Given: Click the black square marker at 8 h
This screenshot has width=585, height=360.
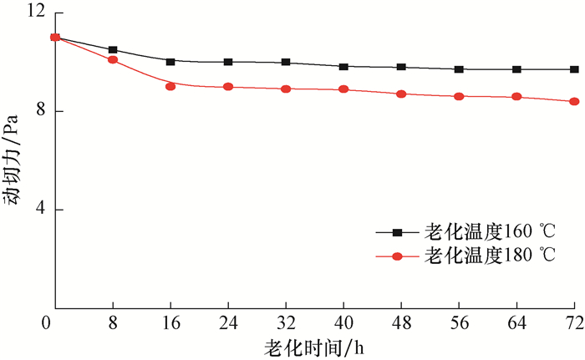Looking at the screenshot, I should click(113, 50).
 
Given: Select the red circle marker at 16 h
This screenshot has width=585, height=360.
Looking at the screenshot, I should click(170, 86).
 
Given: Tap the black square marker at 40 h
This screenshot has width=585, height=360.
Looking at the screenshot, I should click(343, 67).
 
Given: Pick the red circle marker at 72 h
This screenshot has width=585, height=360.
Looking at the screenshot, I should click(574, 102).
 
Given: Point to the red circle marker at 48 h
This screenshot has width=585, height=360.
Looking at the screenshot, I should click(401, 94).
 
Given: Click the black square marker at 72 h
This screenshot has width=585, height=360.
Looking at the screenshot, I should click(574, 69).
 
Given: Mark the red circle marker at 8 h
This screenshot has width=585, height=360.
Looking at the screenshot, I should click(113, 60).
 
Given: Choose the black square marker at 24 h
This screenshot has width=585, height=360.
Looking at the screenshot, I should click(228, 62).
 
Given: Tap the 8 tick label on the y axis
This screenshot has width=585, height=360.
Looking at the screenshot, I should click(38, 111).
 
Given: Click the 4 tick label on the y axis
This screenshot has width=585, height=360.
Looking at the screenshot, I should click(38, 210).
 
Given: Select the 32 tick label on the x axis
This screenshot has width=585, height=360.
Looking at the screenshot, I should click(286, 322).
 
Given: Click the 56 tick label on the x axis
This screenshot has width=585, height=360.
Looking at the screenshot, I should click(459, 322).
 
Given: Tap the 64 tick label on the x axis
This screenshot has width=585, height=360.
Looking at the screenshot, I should click(516, 322).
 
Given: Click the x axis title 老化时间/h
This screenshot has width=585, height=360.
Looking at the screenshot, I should click(315, 346).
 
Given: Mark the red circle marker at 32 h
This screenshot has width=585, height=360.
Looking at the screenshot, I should click(286, 89).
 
